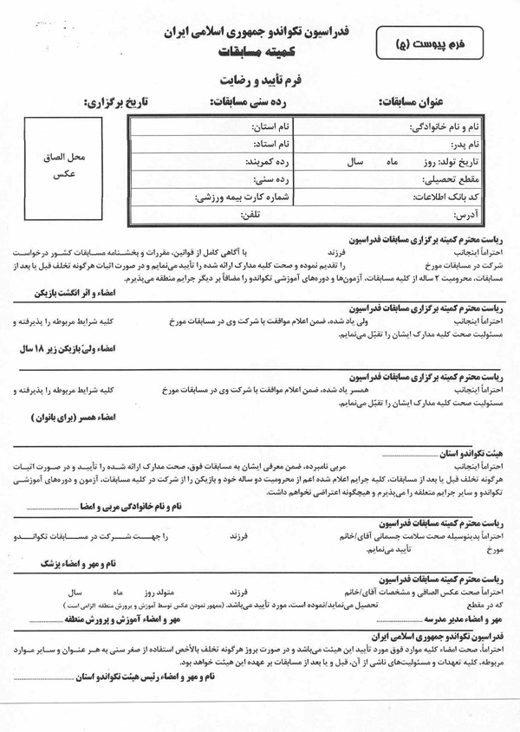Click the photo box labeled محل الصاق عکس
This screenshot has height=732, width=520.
click(x=63, y=166)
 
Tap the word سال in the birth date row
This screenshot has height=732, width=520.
click(x=354, y=161)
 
